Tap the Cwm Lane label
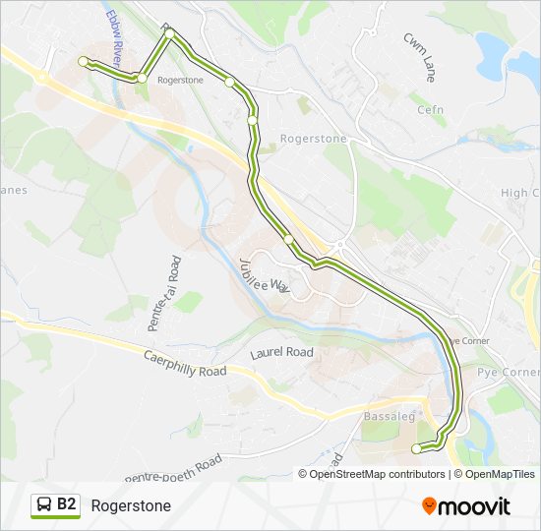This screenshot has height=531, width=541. click(x=419, y=57)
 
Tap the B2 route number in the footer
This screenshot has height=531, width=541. click(x=67, y=504)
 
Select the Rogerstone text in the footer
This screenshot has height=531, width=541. click(x=131, y=505)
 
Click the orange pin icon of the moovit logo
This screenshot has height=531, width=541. click(x=430, y=506)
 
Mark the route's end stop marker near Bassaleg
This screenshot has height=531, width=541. click(x=416, y=448)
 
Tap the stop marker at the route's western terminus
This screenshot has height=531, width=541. click(x=83, y=62)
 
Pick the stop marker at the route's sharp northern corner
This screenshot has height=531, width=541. click(x=170, y=34)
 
